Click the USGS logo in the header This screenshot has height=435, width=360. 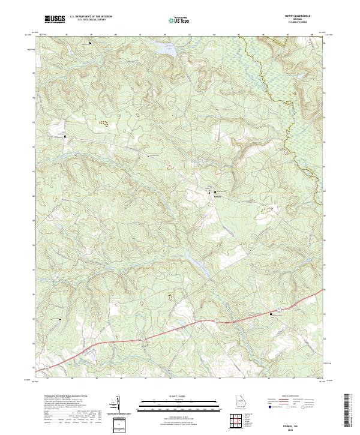click(55, 19)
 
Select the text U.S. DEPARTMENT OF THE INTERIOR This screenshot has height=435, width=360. click(91, 17)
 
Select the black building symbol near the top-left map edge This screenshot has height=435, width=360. click(91, 43)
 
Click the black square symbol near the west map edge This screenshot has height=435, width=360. click(65, 137)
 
